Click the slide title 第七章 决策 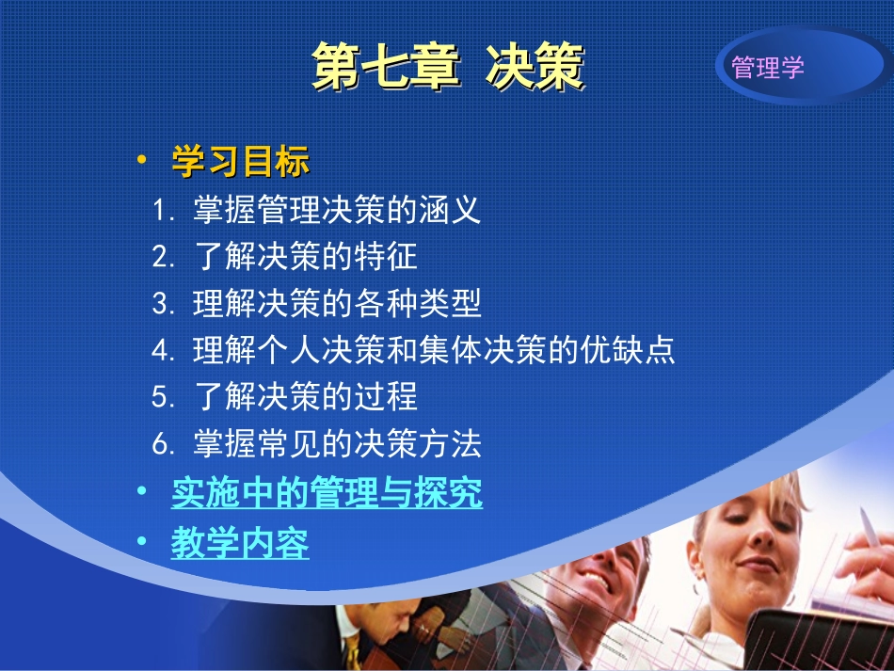click(447, 67)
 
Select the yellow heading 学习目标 click(240, 162)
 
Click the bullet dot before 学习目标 click(141, 161)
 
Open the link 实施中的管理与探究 click(327, 494)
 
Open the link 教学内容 click(240, 544)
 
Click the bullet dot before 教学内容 click(141, 543)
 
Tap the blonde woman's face click(753, 546)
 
